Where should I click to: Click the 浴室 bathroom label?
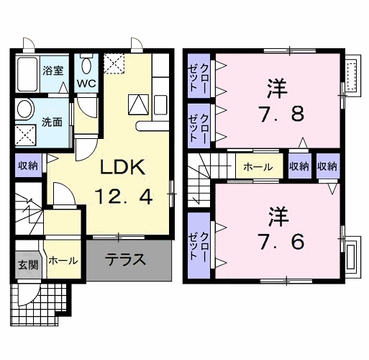click(x=53, y=71)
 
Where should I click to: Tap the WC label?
click(x=87, y=83)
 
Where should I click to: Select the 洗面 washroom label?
click(x=53, y=121)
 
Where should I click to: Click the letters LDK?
click(x=123, y=168)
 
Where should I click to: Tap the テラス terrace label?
click(x=126, y=260)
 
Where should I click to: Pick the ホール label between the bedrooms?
click(x=258, y=167)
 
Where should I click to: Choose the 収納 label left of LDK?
click(x=29, y=166)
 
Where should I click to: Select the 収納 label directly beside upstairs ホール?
click(x=300, y=167)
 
